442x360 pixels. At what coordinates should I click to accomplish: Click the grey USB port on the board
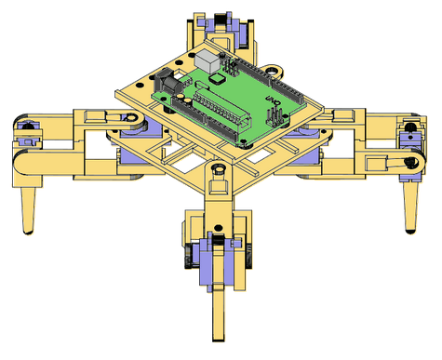207,60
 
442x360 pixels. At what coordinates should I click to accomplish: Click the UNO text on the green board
273,100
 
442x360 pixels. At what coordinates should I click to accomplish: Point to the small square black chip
217,78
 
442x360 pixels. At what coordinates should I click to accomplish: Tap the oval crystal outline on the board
201,84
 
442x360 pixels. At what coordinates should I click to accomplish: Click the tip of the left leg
29,232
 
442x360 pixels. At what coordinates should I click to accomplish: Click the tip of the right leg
410,231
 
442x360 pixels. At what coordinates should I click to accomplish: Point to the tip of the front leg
219,340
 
